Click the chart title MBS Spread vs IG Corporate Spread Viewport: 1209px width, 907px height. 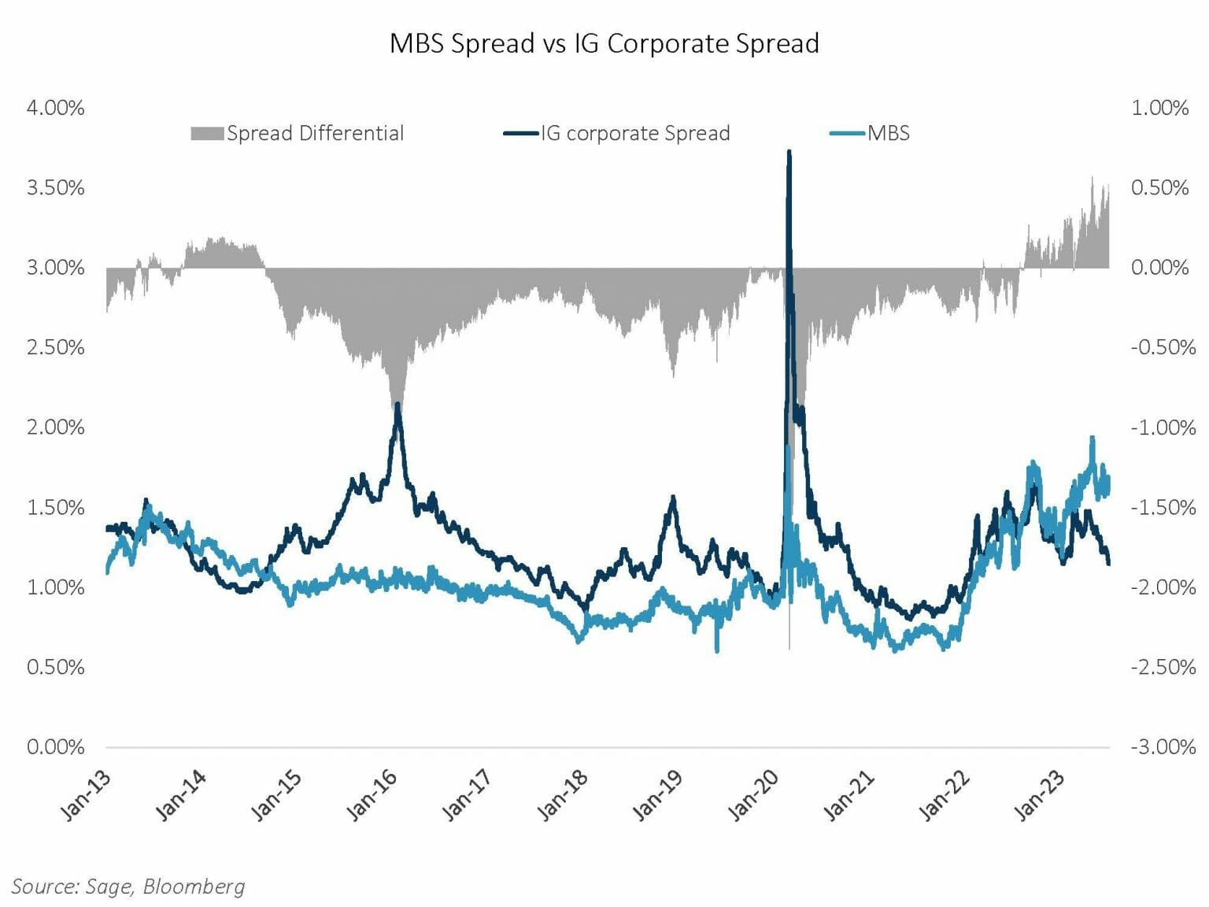point(604,43)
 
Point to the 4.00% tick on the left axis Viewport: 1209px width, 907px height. point(55,108)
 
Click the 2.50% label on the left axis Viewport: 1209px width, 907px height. point(55,347)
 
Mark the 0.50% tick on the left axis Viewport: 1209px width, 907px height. point(55,667)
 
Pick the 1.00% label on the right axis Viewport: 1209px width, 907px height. point(1159,108)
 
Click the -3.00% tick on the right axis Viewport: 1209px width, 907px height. point(1163,746)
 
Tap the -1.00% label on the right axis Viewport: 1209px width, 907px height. point(1163,428)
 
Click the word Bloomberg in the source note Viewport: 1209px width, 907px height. point(194,887)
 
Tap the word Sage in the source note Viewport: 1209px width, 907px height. point(109,887)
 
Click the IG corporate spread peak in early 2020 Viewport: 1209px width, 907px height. point(789,152)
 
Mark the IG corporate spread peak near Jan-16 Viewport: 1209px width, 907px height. point(398,405)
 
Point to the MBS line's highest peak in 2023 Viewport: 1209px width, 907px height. point(1092,438)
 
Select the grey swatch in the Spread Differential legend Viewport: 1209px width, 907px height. point(206,134)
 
